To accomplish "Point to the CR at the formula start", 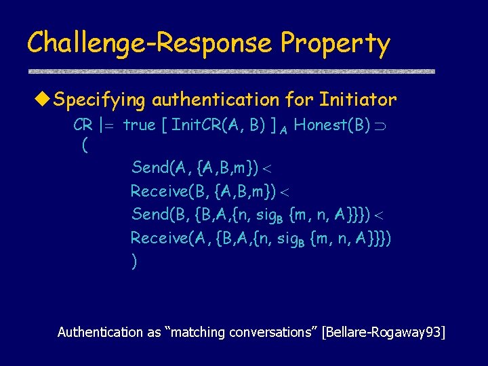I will pos(83,126).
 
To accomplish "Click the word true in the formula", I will pos(139,126).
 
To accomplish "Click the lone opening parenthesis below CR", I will pos(83,144).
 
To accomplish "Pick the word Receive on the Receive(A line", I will pos(157,238).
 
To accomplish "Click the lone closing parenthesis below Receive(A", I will pos(134,262).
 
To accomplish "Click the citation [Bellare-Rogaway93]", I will pos(384,332).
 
